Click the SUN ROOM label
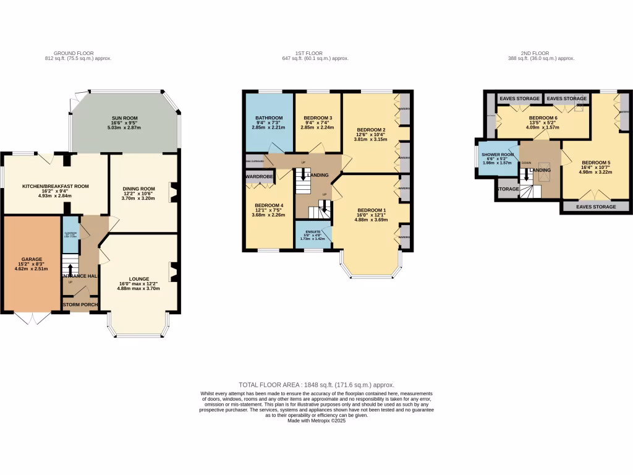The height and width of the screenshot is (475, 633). (x=125, y=118)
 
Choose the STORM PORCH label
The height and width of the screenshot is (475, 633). (x=80, y=305)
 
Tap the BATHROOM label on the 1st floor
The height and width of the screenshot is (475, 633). (x=269, y=118)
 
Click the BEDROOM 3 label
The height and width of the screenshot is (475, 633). (x=317, y=118)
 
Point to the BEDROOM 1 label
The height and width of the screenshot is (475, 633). (x=371, y=210)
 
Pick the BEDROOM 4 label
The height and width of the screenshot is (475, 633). (x=269, y=206)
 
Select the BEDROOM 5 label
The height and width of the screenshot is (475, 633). (x=597, y=163)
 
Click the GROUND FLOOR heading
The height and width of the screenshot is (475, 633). (x=74, y=53)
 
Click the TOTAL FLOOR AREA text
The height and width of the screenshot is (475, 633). (x=316, y=385)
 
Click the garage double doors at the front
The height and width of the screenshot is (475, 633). (x=31, y=318)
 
